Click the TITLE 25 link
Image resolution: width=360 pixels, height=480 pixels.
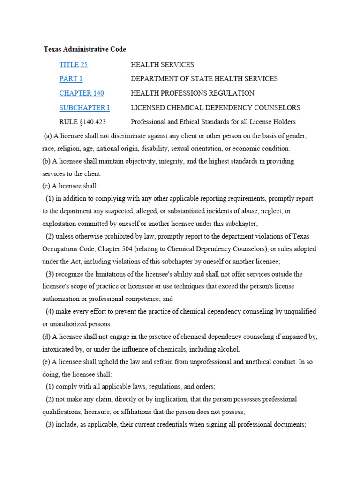point(73,65)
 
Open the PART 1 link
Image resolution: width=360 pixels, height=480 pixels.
point(71,79)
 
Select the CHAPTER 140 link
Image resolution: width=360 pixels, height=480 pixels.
point(82,93)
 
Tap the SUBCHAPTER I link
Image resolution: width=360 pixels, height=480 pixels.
point(84,108)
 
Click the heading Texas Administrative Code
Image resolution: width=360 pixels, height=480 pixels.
point(85,49)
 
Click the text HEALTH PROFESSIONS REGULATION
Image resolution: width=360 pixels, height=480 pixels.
point(192,93)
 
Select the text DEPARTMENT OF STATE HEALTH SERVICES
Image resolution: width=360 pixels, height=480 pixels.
point(204,79)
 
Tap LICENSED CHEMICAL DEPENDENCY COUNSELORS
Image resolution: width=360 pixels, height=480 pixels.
point(215,108)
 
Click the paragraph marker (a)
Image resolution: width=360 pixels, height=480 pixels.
point(47,136)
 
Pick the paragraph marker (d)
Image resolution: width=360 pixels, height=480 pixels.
point(46,337)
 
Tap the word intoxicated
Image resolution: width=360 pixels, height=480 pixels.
point(59,349)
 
